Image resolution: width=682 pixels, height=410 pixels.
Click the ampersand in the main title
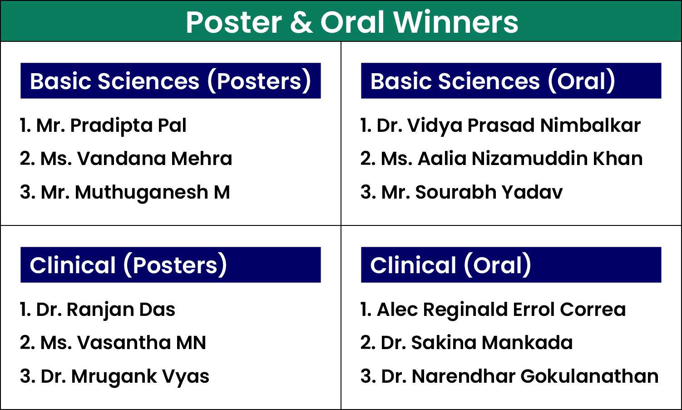click(301, 22)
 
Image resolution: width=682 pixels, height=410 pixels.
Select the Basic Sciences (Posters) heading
click(171, 81)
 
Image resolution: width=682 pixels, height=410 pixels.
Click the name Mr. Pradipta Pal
click(111, 125)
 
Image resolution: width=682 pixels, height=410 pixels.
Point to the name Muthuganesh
click(142, 193)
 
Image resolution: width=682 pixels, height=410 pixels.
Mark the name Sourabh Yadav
click(489, 192)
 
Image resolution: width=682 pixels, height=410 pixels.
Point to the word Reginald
click(465, 310)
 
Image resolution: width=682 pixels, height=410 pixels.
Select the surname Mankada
click(527, 343)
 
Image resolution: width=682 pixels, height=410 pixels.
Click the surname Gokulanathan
click(590, 376)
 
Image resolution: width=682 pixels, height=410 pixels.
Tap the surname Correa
click(593, 310)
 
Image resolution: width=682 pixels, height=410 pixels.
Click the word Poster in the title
click(234, 22)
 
